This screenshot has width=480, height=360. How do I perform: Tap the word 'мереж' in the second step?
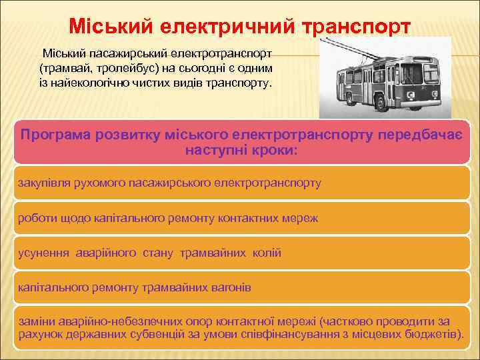(301, 217)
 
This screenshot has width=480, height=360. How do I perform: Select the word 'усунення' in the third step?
(43, 253)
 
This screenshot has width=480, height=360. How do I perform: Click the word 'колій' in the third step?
(267, 253)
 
